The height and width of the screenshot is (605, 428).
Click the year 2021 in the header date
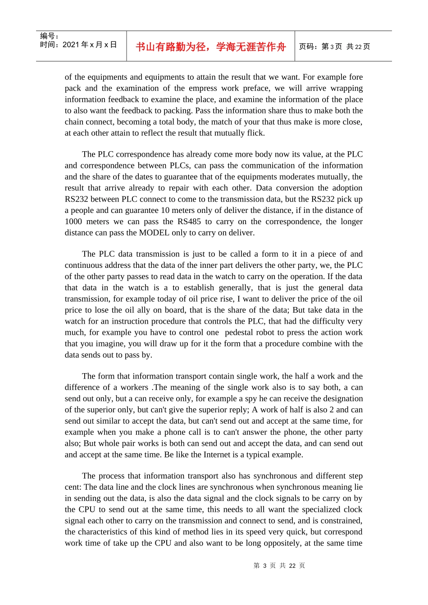(71, 45)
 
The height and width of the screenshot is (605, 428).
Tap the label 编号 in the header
(47, 36)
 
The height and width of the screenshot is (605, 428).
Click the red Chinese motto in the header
(211, 47)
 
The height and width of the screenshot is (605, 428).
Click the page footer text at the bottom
(279, 565)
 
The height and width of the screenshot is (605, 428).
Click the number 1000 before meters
(73, 221)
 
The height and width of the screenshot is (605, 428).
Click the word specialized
(319, 510)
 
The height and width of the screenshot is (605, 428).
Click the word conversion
(294, 188)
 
